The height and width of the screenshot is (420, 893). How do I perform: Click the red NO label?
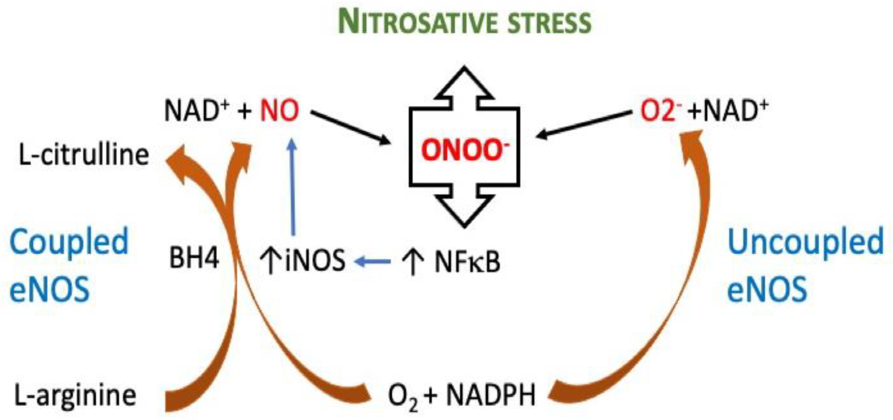[280, 111]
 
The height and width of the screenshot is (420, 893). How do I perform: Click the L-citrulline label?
[84, 155]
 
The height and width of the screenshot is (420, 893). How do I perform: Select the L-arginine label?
[75, 396]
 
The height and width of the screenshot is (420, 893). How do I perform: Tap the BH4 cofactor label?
[194, 258]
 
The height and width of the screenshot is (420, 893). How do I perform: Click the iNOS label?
[315, 260]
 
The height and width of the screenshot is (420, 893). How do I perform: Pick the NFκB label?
[467, 262]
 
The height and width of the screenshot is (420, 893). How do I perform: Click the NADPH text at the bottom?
[491, 396]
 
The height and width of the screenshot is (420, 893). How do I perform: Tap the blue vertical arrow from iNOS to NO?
[293, 187]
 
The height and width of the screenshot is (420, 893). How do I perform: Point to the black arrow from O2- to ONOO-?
[584, 124]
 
